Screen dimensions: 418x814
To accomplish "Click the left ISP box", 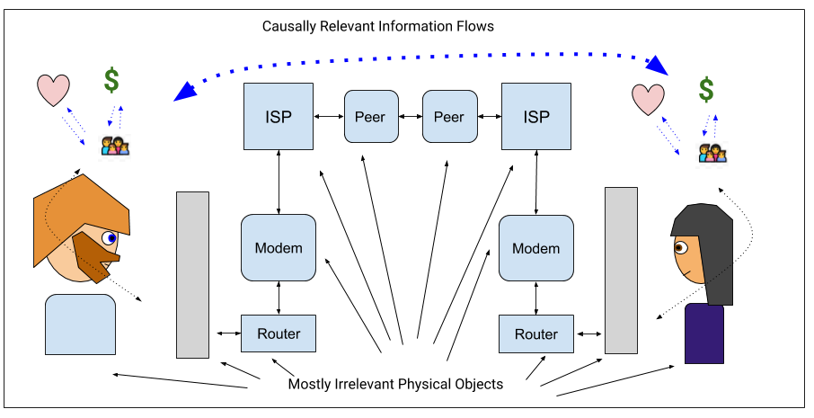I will [279, 117].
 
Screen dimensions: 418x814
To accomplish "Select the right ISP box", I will [536, 117].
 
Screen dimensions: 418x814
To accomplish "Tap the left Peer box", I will [370, 117].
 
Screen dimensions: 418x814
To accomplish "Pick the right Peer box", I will [448, 117].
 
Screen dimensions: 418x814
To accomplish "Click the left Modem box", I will [279, 247].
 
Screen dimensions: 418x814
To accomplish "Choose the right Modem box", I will [536, 247].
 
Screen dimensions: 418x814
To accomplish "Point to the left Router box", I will [279, 334].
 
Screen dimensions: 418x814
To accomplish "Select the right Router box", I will [536, 334].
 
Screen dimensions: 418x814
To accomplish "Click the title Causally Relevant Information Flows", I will [377, 26].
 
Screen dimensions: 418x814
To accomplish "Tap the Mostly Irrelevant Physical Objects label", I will [395, 384].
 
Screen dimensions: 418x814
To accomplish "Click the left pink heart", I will [53, 91].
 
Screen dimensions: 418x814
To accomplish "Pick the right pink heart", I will [648, 99].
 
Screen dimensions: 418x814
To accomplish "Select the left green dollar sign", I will [111, 81].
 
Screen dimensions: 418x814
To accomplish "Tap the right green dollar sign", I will [707, 89].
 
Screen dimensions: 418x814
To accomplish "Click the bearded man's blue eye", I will [110, 238].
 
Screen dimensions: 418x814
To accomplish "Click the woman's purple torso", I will [704, 334].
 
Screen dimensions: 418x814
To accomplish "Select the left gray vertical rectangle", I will [192, 274].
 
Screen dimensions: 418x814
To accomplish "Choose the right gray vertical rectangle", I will [621, 270].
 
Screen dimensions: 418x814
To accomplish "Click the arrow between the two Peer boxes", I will [410, 117].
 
